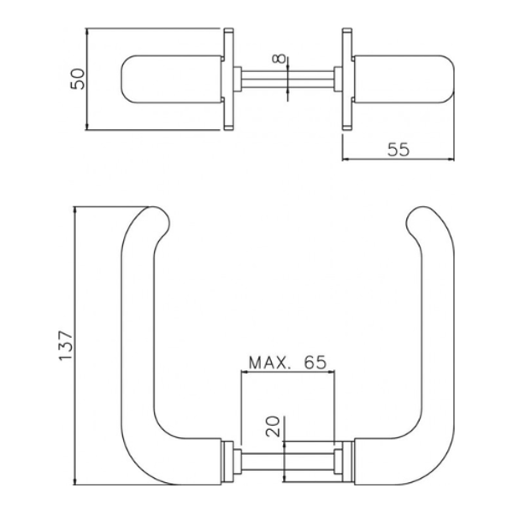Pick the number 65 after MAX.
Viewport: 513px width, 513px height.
(315, 362)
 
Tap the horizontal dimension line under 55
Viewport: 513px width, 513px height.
(398, 160)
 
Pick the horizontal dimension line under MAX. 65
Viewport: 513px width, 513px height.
(286, 373)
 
